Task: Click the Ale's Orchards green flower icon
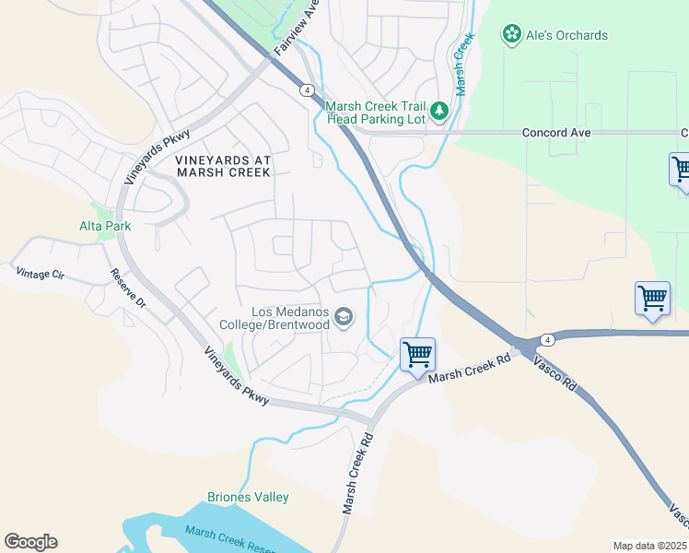511,35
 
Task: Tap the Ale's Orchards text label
566,35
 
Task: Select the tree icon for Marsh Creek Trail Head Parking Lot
439,111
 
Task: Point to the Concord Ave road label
555,133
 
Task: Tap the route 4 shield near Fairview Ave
305,89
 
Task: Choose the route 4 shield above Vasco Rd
545,339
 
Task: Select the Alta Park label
104,226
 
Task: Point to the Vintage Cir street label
41,273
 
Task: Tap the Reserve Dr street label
128,288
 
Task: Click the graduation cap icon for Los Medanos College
344,318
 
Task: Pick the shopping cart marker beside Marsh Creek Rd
417,355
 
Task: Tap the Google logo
30,542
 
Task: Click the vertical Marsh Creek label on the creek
463,64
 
